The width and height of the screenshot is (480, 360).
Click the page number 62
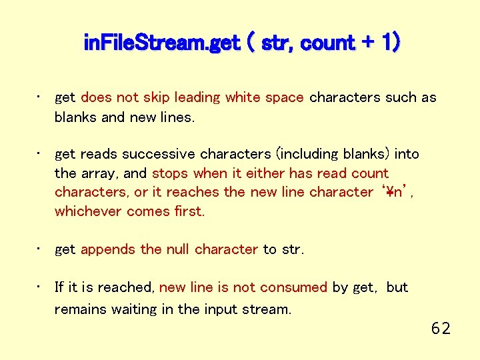[441, 328]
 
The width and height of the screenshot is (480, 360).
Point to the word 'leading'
[197, 97]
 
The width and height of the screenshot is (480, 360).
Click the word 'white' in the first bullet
[243, 97]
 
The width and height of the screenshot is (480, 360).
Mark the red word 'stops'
[170, 173]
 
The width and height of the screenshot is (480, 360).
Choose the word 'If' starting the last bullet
[59, 287]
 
